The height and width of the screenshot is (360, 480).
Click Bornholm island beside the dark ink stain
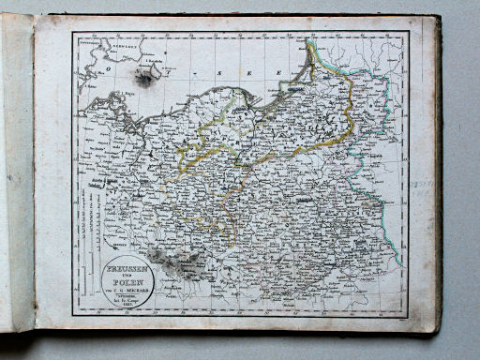[x=151, y=67]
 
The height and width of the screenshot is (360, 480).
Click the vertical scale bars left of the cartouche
[x=90, y=248]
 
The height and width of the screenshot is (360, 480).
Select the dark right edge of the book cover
[x=438, y=178]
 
